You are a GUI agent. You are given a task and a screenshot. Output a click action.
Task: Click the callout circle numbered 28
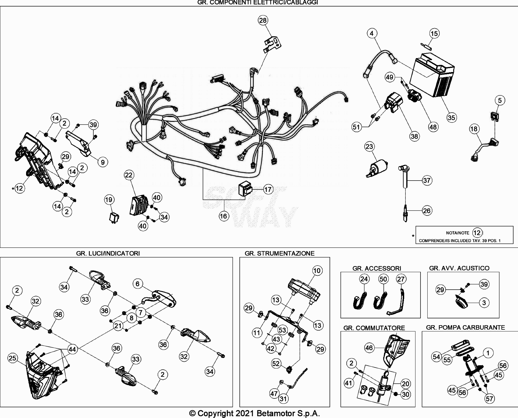263,20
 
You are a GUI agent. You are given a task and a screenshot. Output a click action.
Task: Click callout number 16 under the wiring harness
223,216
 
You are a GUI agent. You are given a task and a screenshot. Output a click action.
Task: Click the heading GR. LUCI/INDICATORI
108,253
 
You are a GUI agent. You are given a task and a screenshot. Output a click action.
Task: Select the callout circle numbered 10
317,270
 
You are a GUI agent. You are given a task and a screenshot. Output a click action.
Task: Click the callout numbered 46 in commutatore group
369,347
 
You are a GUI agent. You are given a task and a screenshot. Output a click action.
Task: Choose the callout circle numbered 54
437,357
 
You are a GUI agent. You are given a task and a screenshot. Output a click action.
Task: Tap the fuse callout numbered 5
500,100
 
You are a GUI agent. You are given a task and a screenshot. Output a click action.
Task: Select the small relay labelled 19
114,217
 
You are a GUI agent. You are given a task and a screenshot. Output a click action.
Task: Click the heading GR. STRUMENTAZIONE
279,253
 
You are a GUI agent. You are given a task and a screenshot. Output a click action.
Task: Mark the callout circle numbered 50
383,279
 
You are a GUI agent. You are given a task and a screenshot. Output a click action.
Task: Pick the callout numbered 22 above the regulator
128,175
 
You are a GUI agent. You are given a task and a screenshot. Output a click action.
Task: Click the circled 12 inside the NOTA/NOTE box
477,232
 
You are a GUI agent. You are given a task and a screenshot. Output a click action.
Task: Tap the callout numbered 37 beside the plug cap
427,180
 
